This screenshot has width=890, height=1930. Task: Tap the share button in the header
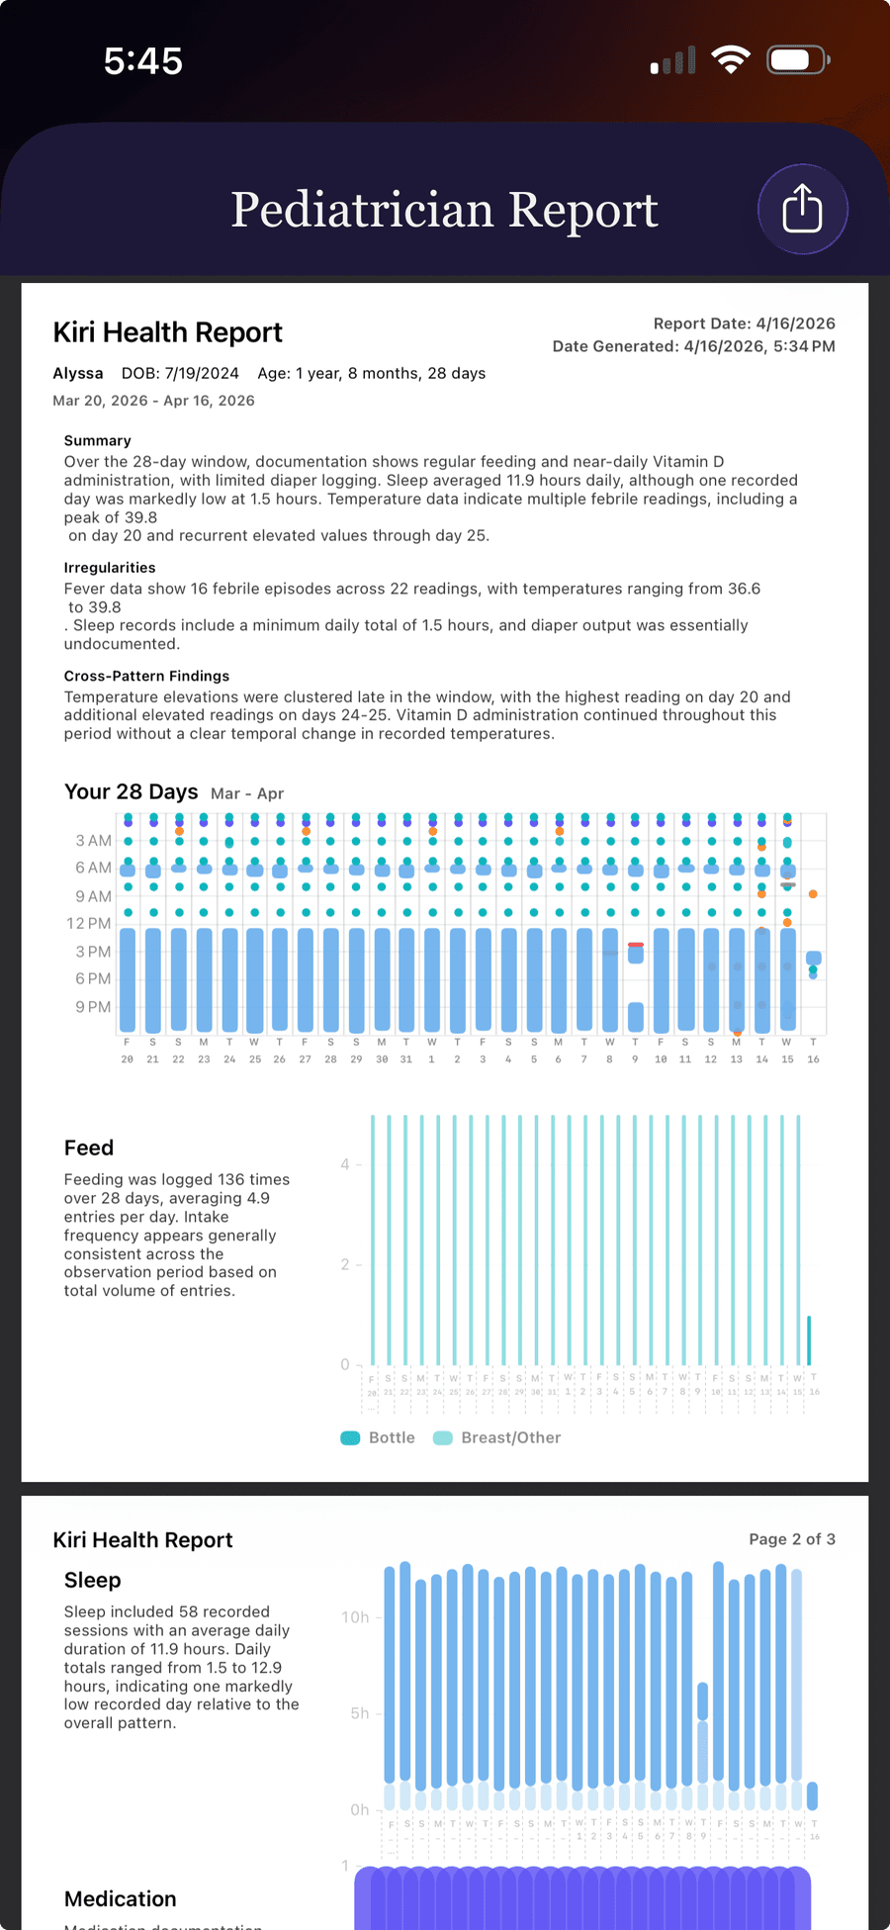click(x=802, y=210)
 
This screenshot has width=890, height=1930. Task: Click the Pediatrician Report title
click(x=444, y=210)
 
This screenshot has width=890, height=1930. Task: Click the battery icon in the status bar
click(x=797, y=60)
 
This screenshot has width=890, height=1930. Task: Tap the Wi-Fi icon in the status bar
click(x=730, y=60)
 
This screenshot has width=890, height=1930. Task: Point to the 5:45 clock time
click(x=143, y=61)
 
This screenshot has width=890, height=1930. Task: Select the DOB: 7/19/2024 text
click(x=180, y=373)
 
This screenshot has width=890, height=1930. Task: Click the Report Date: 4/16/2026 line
click(x=744, y=323)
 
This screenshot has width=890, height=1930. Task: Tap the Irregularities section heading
click(x=110, y=568)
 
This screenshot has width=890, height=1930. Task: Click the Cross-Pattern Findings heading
click(x=146, y=676)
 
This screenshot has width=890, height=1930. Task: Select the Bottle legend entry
click(x=379, y=1437)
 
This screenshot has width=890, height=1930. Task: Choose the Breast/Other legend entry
click(x=498, y=1437)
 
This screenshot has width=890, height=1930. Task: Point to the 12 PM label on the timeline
click(x=89, y=923)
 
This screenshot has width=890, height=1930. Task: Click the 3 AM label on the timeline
click(x=93, y=841)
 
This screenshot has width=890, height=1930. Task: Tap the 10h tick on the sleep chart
click(x=355, y=1617)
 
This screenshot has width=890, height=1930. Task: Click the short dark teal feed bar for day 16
click(x=809, y=1340)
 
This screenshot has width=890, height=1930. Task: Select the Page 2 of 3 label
click(x=791, y=1539)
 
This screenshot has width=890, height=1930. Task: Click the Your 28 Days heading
click(x=132, y=791)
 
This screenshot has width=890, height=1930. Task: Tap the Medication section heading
click(x=121, y=1898)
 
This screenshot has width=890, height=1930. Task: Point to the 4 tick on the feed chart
click(x=345, y=1164)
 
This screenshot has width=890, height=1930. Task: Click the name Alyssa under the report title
click(x=78, y=373)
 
